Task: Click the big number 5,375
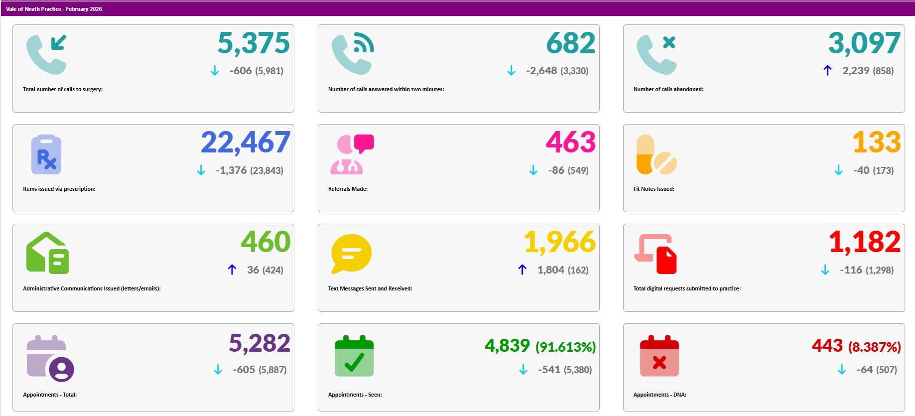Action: (254, 43)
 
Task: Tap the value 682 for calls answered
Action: (570, 43)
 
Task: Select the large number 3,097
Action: (864, 43)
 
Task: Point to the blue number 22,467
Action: (246, 143)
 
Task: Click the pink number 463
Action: (570, 143)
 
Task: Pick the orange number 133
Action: (876, 143)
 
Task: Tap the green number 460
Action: (265, 243)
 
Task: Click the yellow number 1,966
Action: (559, 243)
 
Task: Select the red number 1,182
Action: (864, 243)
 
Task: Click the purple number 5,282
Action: (260, 343)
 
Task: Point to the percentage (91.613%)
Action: (565, 347)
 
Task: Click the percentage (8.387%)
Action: (874, 347)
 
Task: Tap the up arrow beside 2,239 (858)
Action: (827, 71)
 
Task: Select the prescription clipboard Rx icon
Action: (46, 154)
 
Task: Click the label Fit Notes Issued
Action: (654, 189)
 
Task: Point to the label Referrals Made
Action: (348, 189)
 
